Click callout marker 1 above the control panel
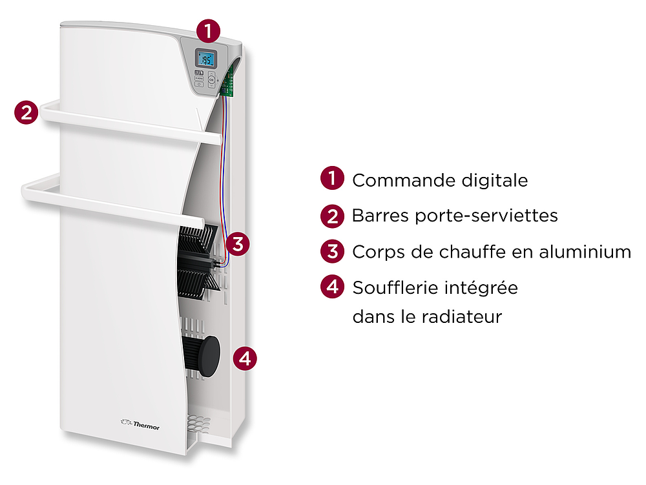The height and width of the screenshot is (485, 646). click(208, 31)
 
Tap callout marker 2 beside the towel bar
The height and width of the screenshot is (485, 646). click(26, 112)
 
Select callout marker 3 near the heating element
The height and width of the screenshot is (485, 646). click(238, 244)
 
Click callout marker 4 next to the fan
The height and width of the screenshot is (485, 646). click(245, 358)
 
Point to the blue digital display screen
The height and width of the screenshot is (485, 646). click(205, 59)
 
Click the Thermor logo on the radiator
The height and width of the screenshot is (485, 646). click(140, 424)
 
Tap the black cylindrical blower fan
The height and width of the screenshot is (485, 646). click(201, 356)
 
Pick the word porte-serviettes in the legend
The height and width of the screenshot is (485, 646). click(486, 216)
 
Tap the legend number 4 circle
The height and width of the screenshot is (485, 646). click(332, 287)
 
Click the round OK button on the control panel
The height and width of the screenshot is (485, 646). click(211, 79)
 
